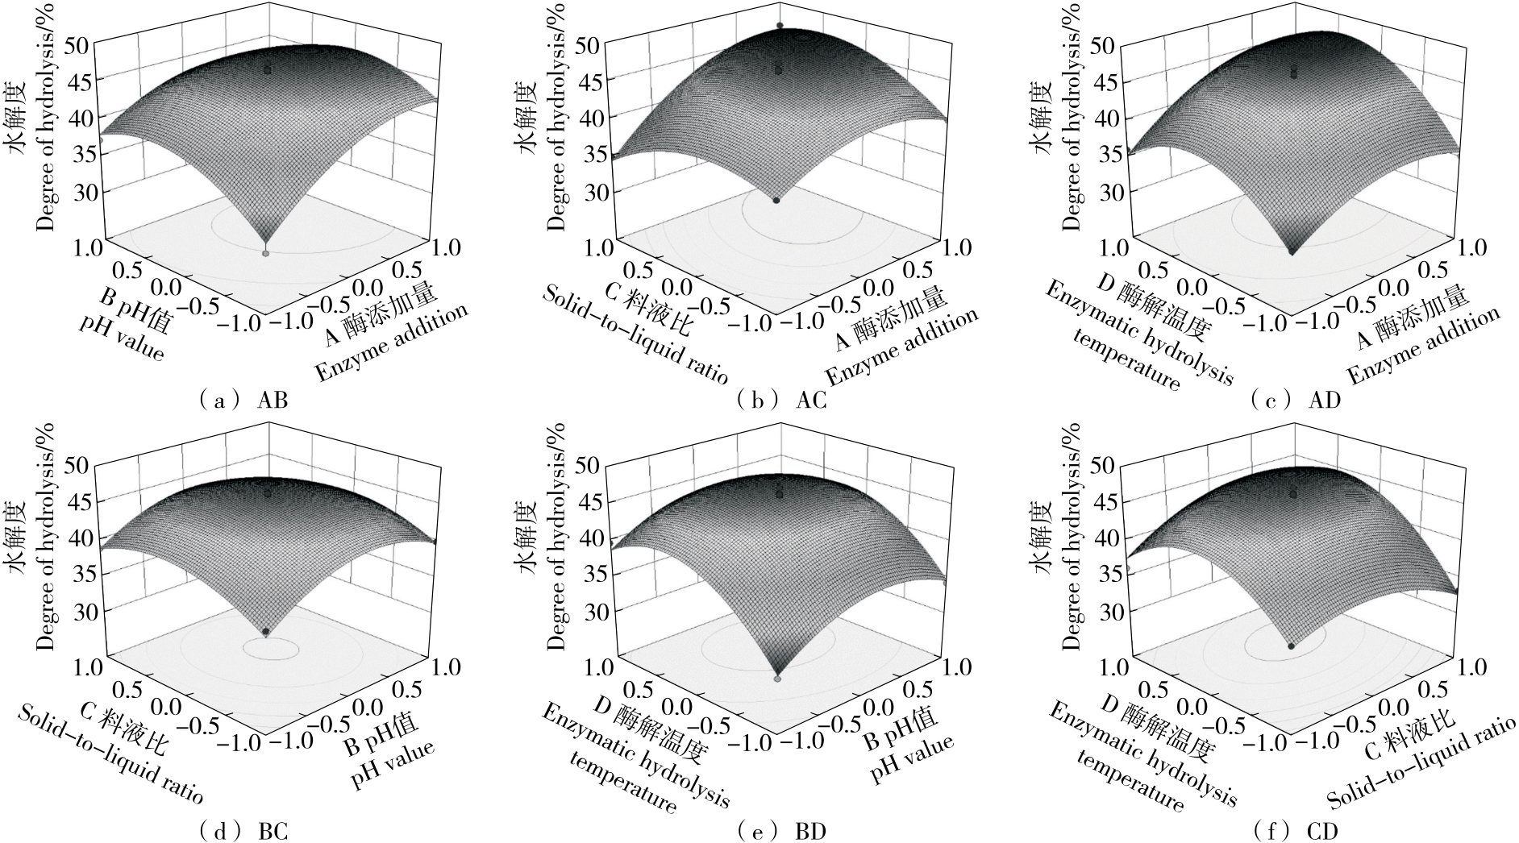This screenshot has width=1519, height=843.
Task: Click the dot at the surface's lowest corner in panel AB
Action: (266, 253)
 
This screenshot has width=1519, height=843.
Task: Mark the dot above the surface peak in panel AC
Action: (780, 26)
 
